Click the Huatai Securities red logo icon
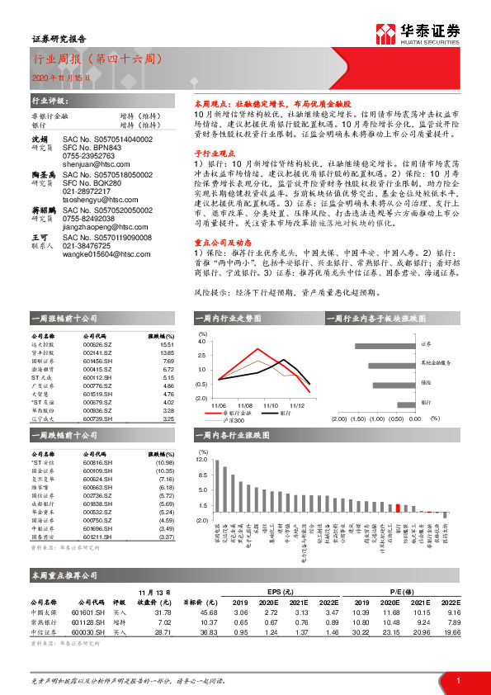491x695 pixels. coord(385,33)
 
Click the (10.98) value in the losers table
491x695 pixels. coord(165,463)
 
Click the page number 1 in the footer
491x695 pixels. coord(458,679)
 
